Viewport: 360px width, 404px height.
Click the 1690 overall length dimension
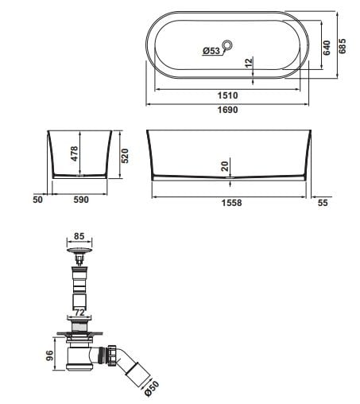tap(227, 110)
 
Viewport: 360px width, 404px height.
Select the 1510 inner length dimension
tap(227, 95)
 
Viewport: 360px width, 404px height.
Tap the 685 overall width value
tap(343, 46)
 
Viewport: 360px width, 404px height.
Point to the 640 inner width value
tap(327, 48)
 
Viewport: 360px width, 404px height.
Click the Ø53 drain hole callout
tap(211, 50)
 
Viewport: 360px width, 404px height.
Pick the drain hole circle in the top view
tap(227, 45)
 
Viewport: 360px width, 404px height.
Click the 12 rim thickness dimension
tap(249, 63)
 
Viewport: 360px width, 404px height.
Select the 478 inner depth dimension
tap(75, 153)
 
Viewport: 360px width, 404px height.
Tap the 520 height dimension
tap(125, 156)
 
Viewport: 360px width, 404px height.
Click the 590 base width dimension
tap(81, 200)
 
